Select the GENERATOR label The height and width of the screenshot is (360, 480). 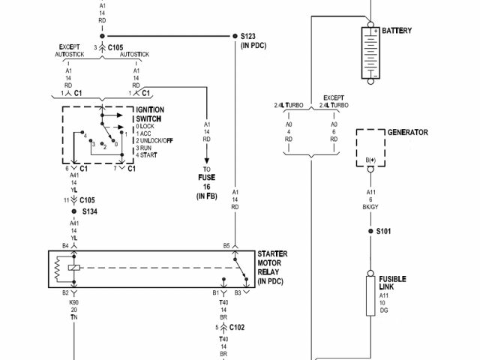[407, 133]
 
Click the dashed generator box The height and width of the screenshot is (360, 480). [369, 148]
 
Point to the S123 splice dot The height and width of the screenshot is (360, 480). [233, 35]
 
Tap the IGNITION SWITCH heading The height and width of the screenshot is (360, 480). [150, 115]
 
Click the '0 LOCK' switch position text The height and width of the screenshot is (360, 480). [149, 126]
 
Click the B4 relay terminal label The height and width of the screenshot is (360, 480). [65, 246]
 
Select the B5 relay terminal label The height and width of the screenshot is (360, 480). [226, 246]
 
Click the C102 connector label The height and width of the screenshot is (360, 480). [238, 328]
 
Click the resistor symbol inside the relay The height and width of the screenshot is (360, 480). [58, 269]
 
